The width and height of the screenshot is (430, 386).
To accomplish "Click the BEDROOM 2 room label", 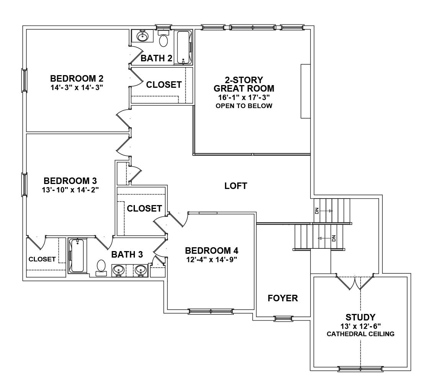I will tap(77, 79).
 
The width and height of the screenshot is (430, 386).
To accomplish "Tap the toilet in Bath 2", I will tap(164, 40).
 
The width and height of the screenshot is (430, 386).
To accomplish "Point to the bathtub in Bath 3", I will tap(77, 256).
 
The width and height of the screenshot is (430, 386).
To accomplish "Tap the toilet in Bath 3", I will tap(101, 267).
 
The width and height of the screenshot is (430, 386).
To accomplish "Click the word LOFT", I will tap(236, 186).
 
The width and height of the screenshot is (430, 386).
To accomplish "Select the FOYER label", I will tap(283, 298).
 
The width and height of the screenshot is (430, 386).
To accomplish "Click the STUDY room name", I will tap(360, 317).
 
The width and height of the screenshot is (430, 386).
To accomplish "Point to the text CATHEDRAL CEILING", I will tap(360, 334).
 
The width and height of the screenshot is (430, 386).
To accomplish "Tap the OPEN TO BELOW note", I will tap(244, 106).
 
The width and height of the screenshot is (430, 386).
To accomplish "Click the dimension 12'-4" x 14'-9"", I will tap(212, 259).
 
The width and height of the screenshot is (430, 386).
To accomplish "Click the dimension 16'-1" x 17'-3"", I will tap(244, 97).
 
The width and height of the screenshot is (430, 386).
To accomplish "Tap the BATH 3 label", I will tap(127, 255).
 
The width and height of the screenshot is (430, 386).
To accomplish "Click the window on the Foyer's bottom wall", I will tap(283, 318).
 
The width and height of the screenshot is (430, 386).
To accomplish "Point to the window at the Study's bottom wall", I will tap(360, 369).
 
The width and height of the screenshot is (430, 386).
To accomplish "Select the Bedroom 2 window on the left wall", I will tap(24, 80).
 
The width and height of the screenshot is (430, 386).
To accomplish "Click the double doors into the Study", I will tap(355, 283).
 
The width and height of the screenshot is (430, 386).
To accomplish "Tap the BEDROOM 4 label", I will tap(212, 251).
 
